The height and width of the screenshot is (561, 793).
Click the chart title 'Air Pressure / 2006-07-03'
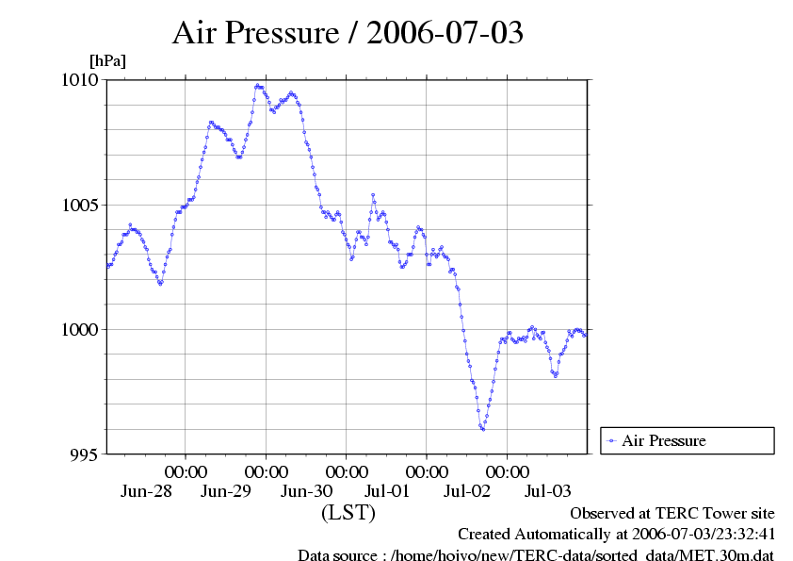348,33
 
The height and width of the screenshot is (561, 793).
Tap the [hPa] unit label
107,60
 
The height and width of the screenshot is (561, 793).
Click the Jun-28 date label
147,491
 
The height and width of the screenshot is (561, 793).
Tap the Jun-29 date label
227,491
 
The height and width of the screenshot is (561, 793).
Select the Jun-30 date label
307,491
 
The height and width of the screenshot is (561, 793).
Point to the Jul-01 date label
387,491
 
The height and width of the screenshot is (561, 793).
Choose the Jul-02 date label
467,491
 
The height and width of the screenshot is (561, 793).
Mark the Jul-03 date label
547,491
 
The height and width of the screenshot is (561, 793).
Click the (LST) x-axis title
348,513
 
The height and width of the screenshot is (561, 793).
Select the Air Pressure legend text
664,440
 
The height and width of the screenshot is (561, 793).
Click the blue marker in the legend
612,440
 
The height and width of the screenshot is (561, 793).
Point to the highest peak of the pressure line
257,86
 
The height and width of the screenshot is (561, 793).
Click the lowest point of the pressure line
483,429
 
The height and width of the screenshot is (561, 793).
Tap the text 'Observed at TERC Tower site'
672,513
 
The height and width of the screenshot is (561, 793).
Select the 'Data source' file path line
536,555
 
